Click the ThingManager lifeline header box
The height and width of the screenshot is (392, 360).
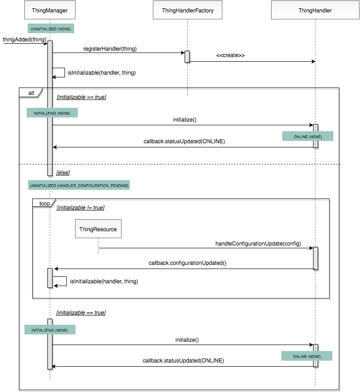click(50, 10)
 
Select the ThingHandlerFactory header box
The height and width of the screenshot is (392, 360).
click(188, 10)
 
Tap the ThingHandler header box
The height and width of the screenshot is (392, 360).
click(315, 10)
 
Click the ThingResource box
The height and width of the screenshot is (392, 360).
click(98, 229)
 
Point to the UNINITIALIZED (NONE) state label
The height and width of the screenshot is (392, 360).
click(51, 29)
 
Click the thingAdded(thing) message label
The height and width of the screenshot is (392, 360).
click(24, 40)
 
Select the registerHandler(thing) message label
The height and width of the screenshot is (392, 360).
click(110, 48)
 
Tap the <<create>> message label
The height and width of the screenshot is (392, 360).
click(230, 55)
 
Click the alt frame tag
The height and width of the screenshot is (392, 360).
click(30, 93)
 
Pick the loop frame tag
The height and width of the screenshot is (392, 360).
click(44, 203)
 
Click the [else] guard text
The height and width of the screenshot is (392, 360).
click(63, 172)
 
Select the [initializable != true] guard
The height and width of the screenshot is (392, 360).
click(80, 208)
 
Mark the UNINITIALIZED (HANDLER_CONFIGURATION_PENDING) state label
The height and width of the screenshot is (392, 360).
click(79, 185)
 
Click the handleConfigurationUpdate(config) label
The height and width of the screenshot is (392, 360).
click(258, 244)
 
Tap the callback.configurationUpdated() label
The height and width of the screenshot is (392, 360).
click(187, 263)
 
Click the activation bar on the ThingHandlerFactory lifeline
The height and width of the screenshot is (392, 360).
click(187, 56)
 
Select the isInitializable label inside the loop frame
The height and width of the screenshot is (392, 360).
click(104, 281)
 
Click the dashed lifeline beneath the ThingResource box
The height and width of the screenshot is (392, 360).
click(98, 245)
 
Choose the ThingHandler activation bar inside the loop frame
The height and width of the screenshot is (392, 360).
click(315, 258)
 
